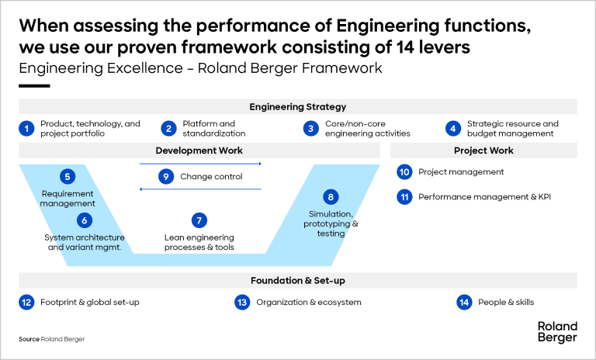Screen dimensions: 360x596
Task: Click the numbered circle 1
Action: pyautogui.click(x=27, y=128)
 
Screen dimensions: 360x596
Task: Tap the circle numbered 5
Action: pyautogui.click(x=68, y=176)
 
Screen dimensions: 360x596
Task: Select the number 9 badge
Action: pyautogui.click(x=166, y=176)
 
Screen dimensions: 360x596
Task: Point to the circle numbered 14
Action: pyautogui.click(x=465, y=302)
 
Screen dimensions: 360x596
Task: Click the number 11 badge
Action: pyautogui.click(x=404, y=197)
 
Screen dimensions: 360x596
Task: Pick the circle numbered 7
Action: pyautogui.click(x=199, y=220)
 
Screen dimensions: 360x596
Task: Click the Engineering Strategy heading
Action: pyautogui.click(x=297, y=107)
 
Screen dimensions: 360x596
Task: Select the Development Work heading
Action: pyautogui.click(x=199, y=151)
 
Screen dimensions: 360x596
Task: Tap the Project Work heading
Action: pyautogui.click(x=483, y=151)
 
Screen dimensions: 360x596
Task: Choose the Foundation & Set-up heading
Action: pyautogui.click(x=297, y=280)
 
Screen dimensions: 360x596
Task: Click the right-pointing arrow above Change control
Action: pyautogui.click(x=200, y=164)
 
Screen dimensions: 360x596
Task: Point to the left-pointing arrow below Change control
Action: pyautogui.click(x=200, y=189)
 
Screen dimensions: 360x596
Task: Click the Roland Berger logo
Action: pyautogui.click(x=556, y=331)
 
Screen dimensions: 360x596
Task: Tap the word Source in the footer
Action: pyautogui.click(x=29, y=339)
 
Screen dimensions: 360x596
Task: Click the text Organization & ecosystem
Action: pyautogui.click(x=309, y=302)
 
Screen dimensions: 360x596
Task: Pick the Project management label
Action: pyautogui.click(x=461, y=171)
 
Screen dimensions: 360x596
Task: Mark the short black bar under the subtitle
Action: pyautogui.click(x=34, y=85)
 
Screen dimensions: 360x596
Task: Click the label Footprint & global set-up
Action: pyautogui.click(x=90, y=302)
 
